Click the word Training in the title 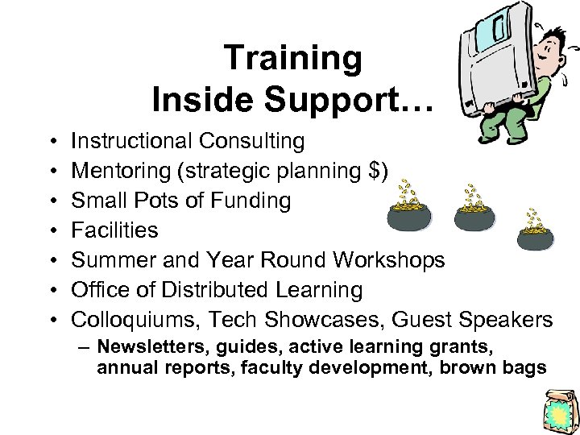tap(293, 59)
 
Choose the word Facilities tap(115, 230)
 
